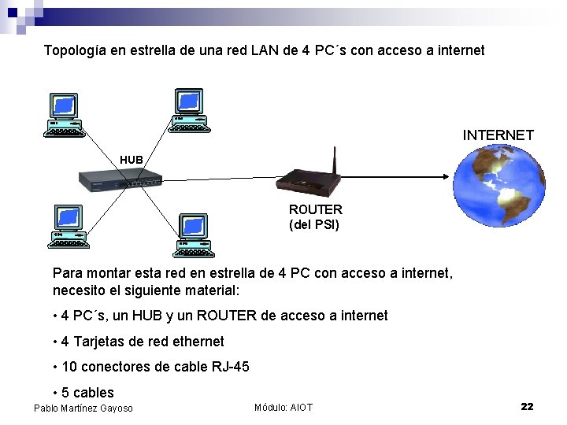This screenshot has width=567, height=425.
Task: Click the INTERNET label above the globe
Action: [x=498, y=135]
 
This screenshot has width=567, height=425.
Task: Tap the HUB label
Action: [x=132, y=160]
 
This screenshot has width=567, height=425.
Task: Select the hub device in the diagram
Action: [x=120, y=181]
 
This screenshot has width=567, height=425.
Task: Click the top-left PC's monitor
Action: [x=64, y=105]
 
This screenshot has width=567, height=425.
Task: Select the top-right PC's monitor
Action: [x=189, y=101]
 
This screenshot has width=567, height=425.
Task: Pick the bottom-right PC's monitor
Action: [x=194, y=226]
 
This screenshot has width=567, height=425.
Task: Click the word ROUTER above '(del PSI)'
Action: [x=315, y=209]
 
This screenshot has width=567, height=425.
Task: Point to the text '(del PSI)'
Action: [x=313, y=224]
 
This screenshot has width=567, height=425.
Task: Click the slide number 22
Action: [x=527, y=406]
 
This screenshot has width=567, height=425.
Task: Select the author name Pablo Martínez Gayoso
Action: [x=83, y=408]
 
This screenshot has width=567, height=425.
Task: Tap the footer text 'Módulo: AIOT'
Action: [x=283, y=407]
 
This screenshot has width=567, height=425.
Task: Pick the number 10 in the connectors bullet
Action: [x=69, y=367]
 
